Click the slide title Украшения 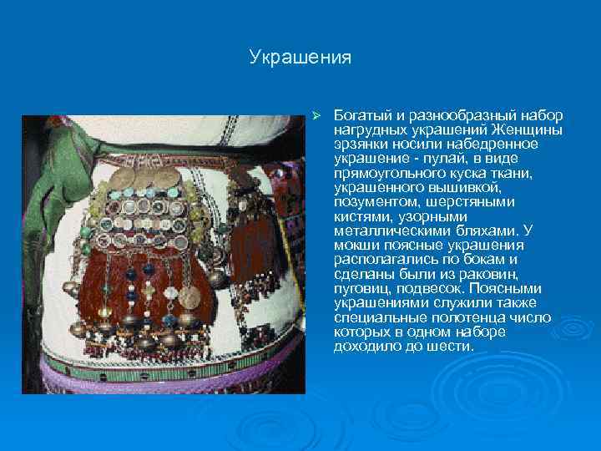(x=300, y=58)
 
